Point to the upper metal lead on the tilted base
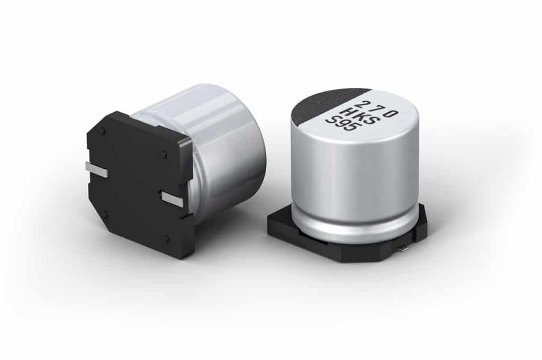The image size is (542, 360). point(97,170)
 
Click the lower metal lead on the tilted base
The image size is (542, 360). point(172,199)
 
